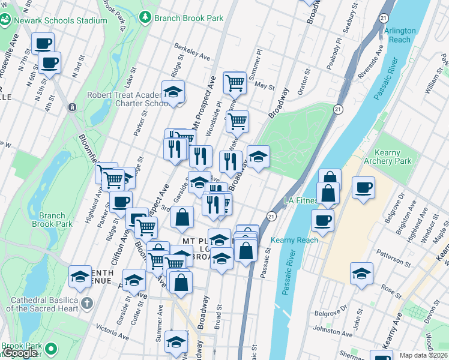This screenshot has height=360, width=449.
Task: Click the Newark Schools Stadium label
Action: click(x=60, y=20)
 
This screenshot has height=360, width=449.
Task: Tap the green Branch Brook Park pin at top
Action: click(x=145, y=17)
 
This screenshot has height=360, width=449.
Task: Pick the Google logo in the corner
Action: click(x=19, y=353)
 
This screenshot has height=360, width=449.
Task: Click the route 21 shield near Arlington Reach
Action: click(x=382, y=19)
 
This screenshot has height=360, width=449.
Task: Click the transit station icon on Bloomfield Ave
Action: click(x=72, y=107)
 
